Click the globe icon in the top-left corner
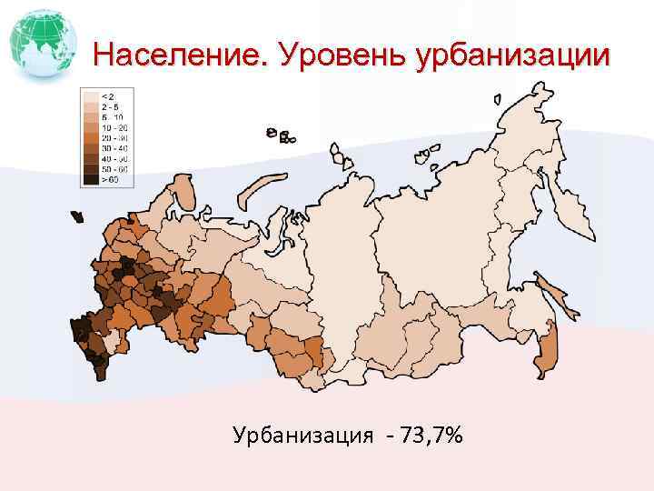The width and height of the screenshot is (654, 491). (x=41, y=42)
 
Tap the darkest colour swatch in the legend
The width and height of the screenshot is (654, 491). (x=91, y=180)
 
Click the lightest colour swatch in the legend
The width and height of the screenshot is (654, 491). (x=91, y=95)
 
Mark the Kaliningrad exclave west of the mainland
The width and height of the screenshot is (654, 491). (x=77, y=217)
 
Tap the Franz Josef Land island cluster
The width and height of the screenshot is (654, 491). (x=279, y=135)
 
